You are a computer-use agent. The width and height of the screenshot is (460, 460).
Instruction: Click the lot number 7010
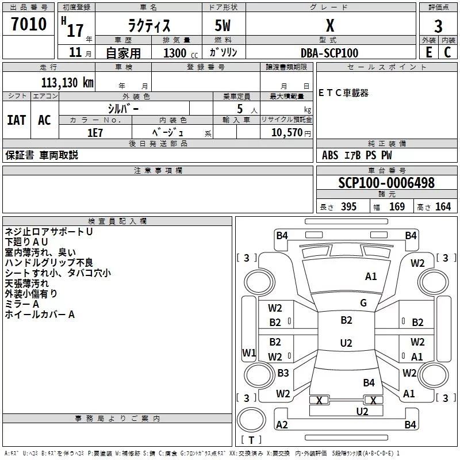click(x=29, y=24)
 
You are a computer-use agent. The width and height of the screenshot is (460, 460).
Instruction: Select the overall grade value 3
click(x=438, y=26)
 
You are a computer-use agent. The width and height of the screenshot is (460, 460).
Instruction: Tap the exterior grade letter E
click(x=428, y=52)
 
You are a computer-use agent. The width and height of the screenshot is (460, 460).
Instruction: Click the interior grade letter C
click(x=447, y=52)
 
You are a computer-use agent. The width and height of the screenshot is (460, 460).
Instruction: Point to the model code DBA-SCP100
click(x=329, y=53)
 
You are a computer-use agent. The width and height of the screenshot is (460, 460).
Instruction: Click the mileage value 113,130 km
click(x=67, y=83)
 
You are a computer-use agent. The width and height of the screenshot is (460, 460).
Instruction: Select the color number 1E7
click(x=95, y=133)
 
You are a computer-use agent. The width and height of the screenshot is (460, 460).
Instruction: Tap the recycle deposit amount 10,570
click(x=286, y=133)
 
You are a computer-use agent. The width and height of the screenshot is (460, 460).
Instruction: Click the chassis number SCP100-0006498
click(x=386, y=183)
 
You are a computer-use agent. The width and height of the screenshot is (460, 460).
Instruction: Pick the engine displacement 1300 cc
click(x=181, y=53)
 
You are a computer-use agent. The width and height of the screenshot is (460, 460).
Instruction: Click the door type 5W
click(x=223, y=25)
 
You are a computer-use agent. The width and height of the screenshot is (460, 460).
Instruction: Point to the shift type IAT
click(x=17, y=120)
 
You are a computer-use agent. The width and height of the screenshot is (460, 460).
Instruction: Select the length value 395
click(x=348, y=206)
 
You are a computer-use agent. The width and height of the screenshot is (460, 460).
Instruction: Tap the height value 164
click(x=443, y=206)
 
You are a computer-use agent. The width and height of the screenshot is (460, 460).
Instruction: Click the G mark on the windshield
click(x=363, y=303)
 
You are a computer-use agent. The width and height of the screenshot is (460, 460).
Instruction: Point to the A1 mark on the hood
click(x=371, y=277)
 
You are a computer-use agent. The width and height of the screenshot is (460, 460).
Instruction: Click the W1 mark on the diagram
click(x=249, y=352)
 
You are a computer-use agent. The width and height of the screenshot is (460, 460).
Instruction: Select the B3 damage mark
click(x=283, y=373)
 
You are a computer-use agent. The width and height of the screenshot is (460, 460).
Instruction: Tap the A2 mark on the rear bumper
click(x=282, y=424)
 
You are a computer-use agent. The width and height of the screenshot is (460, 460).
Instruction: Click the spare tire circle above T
click(x=251, y=420)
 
